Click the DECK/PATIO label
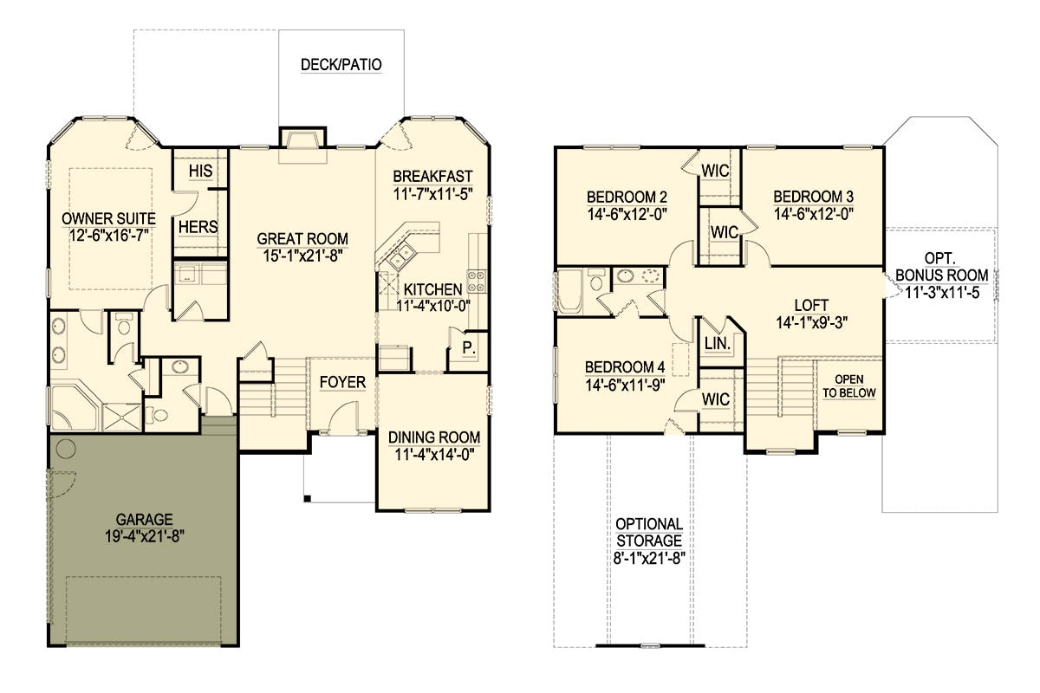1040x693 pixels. tap(341, 64)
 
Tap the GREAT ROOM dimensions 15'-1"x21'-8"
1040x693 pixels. tap(302, 256)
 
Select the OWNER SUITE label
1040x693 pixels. tap(108, 218)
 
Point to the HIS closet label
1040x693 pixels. tap(200, 171)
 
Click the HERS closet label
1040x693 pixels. tap(198, 227)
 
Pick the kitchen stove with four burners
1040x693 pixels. tap(477, 282)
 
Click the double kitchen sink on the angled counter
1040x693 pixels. tap(402, 256)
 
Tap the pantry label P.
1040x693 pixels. tap(469, 347)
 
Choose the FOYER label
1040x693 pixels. tap(342, 383)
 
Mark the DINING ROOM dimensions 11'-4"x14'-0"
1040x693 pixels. tap(434, 455)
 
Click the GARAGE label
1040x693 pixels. tap(145, 520)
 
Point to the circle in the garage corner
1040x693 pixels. tap(66, 449)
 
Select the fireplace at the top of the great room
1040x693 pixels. tap(302, 139)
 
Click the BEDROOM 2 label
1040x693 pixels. tap(627, 197)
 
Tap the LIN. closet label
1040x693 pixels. tap(718, 344)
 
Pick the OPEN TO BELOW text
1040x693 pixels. tap(849, 386)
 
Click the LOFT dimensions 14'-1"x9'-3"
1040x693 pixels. tap(812, 322)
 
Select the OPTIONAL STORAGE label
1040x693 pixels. tap(649, 533)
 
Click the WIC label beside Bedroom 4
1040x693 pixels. tap(716, 399)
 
